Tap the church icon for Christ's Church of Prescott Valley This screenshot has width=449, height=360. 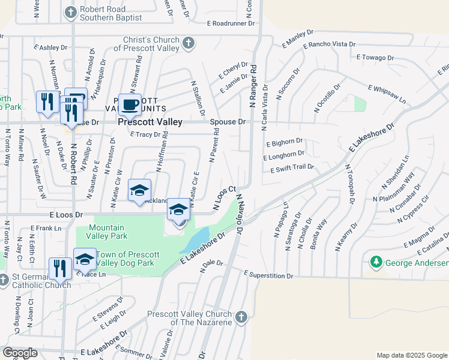(188, 43)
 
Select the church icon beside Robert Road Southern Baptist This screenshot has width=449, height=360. (71, 11)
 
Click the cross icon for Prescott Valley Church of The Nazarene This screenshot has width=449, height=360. (241, 316)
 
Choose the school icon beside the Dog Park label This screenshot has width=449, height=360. (85, 259)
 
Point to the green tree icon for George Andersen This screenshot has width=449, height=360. (376, 262)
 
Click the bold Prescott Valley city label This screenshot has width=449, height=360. (150, 122)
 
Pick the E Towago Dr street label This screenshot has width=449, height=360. (375, 58)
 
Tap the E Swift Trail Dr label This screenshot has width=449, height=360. (292, 169)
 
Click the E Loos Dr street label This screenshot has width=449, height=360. (62, 214)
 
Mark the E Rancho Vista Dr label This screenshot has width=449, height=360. (330, 45)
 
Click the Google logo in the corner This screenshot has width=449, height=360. (21, 353)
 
